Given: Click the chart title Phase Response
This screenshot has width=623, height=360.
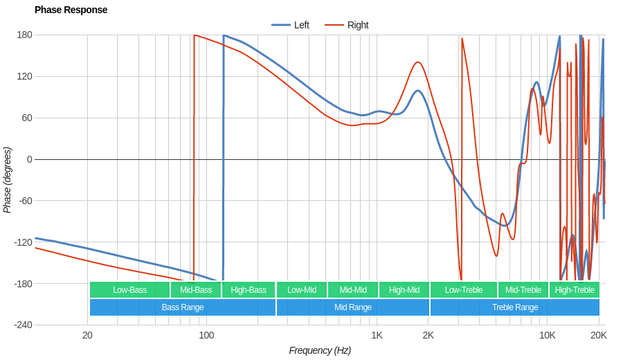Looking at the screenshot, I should [x=71, y=10].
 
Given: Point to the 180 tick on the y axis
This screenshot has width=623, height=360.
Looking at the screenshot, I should [x=24, y=35].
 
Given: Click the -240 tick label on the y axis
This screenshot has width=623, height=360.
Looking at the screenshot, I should [x=23, y=325].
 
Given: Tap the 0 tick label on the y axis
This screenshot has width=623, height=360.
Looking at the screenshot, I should [x=29, y=159].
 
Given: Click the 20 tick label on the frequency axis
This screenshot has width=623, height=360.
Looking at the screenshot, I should [x=87, y=335].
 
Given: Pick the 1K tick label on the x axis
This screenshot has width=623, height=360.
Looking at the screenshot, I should [x=377, y=335].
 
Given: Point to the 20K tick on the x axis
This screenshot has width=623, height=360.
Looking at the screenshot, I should [x=599, y=335].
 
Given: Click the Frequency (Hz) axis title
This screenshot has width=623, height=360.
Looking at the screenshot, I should [x=320, y=350].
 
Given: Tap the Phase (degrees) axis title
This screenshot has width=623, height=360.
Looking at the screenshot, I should [x=8, y=180].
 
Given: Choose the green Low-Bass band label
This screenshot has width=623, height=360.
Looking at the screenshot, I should [x=129, y=289].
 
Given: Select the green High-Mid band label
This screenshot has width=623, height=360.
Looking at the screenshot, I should [x=404, y=289].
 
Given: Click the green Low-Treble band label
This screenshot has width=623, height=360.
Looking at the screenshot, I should [x=464, y=289].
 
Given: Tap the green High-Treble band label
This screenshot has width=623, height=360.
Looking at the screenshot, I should [x=575, y=289].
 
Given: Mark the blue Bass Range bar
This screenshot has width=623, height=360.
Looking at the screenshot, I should [x=183, y=307].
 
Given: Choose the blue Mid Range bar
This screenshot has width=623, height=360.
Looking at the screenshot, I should [x=353, y=307].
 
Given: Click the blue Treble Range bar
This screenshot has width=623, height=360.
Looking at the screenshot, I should [x=515, y=307].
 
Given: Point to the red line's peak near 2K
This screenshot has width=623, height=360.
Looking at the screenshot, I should [x=418, y=62].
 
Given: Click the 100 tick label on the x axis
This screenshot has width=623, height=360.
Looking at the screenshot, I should [x=206, y=335].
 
